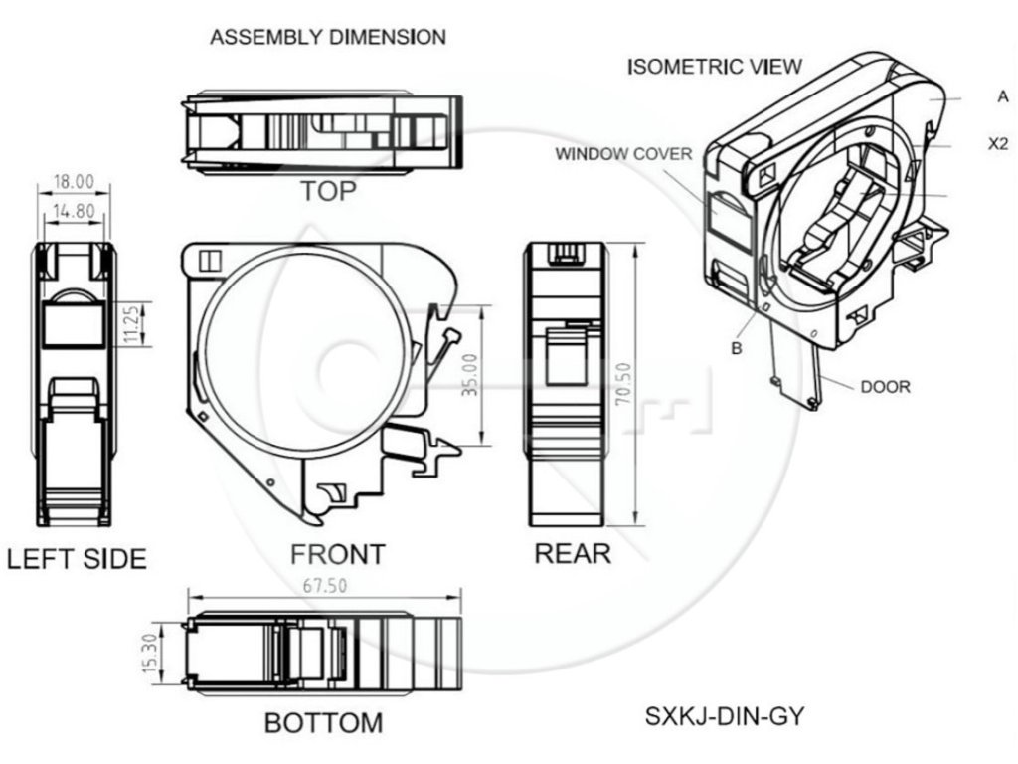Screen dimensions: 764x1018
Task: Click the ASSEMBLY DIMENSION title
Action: pos(328,37)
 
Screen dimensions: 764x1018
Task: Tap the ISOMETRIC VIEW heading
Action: pos(715,67)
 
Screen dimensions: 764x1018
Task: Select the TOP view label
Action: pos(327,191)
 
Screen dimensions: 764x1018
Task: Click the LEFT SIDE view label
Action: pos(77,558)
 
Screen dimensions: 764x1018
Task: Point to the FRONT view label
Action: pos(338,553)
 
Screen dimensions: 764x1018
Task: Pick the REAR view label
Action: pos(573,553)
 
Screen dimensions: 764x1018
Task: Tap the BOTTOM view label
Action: pos(323,722)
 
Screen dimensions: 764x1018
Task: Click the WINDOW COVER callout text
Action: pos(623,154)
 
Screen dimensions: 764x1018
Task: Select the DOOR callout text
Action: pos(884,386)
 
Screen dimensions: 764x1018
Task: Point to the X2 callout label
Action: pos(999,143)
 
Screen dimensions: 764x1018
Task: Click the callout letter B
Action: pos(737,348)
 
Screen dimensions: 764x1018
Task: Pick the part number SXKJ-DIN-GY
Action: pos(724,715)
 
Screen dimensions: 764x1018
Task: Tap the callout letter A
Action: pos(1003,96)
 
